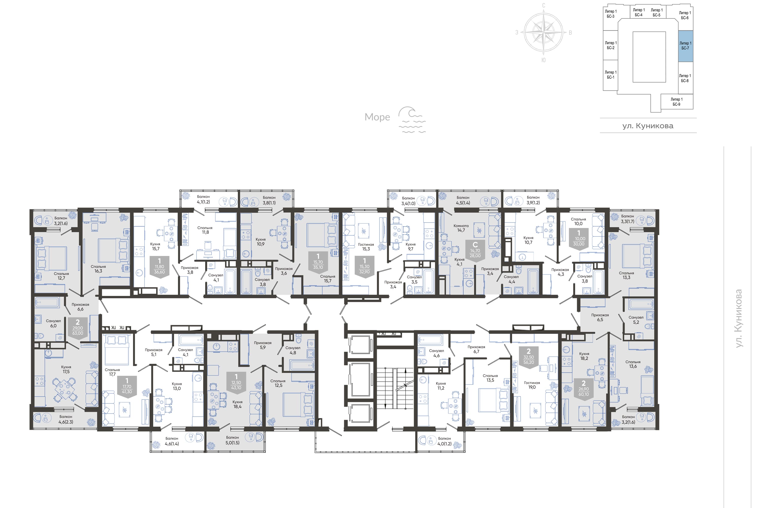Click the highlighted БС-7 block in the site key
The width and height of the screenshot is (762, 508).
coord(686,46)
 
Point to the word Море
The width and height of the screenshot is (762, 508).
coord(377,117)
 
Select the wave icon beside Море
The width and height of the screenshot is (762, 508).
coord(411,120)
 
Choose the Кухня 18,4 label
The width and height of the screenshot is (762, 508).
coord(237,404)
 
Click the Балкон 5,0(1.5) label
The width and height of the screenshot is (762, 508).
coord(232,440)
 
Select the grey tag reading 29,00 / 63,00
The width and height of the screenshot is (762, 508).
coord(78,328)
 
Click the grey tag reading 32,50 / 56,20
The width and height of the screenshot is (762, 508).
coord(529,357)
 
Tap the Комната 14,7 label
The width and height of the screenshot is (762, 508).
coord(461,228)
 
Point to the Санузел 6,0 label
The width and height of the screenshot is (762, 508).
coord(53,323)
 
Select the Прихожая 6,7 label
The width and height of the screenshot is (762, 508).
coord(476,349)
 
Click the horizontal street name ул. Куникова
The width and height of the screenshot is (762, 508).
coord(648,126)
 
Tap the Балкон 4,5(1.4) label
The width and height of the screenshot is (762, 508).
coord(463,200)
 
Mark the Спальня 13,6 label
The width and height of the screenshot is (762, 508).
coord(633,364)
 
